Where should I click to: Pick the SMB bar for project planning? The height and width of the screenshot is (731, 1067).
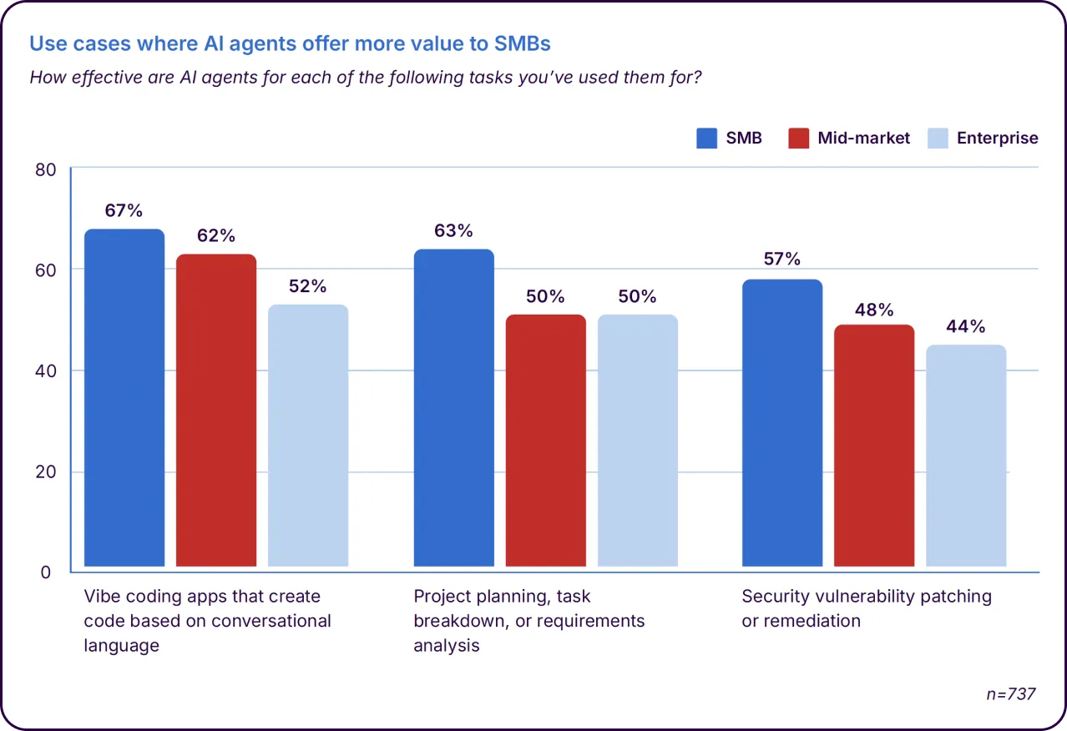[454, 408]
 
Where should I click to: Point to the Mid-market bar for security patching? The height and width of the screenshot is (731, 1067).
[874, 446]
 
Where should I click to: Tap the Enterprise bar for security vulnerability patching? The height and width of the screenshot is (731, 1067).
[966, 456]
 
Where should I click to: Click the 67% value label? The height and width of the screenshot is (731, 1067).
[124, 210]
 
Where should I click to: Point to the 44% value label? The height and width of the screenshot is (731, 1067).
[966, 326]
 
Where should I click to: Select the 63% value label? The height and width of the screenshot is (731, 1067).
[454, 231]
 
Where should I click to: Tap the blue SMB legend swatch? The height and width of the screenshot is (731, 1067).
[707, 138]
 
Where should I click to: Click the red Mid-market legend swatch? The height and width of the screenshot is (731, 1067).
[799, 138]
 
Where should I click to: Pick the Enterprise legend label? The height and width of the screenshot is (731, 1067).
[998, 138]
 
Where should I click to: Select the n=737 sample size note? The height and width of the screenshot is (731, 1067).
[1011, 693]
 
